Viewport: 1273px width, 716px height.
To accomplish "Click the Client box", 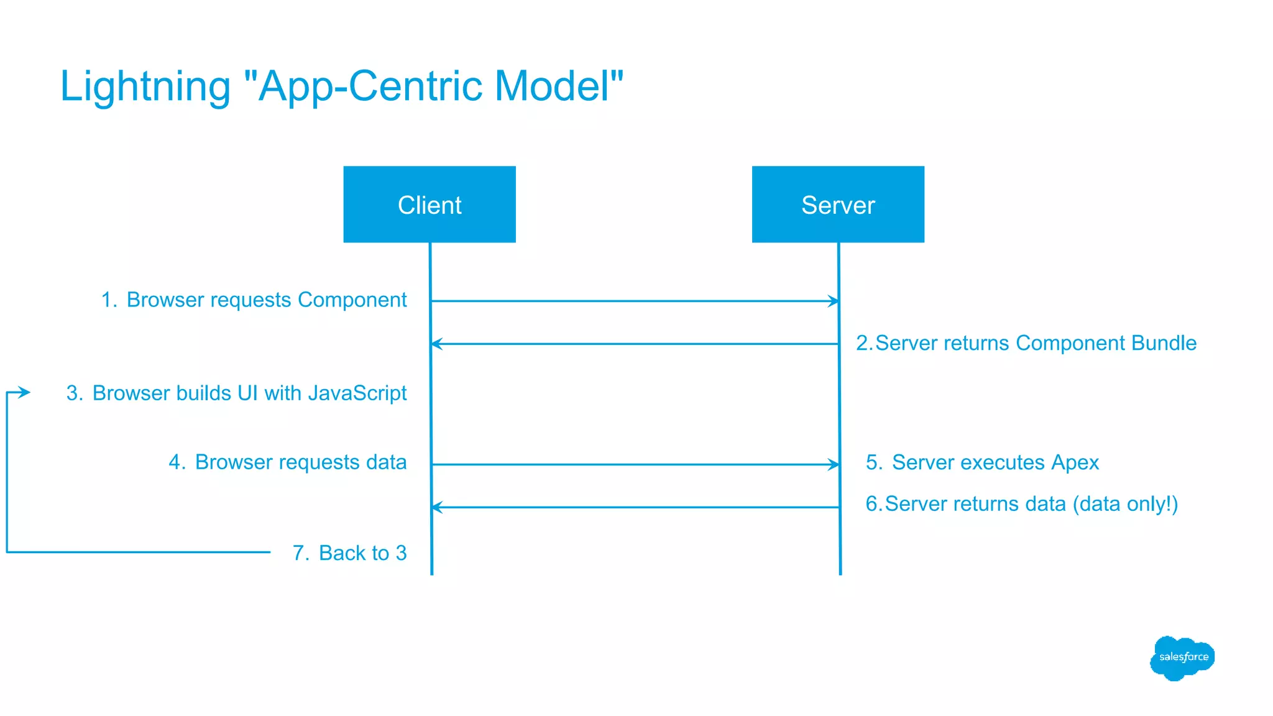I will (430, 204).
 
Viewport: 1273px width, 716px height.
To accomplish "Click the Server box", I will (838, 204).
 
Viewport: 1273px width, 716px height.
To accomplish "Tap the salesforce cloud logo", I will (1182, 658).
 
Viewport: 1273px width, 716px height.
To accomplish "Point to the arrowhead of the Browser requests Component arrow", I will (834, 301).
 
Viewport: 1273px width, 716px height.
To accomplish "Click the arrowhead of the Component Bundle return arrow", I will (437, 344).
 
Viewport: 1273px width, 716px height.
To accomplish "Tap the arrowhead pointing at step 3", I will (24, 392).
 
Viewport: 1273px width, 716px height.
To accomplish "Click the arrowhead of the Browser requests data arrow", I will (834, 464).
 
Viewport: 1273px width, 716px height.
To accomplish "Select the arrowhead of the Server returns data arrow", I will (437, 507).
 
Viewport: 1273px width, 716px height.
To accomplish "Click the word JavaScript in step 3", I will (357, 393).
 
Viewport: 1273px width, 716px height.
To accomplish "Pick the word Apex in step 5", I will (1075, 462).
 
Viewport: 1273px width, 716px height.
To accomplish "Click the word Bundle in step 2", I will (1164, 343).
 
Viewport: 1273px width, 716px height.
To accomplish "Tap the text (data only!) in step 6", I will (1125, 503).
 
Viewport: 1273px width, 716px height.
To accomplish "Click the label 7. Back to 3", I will (350, 553).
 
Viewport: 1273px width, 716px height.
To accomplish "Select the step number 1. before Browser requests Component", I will (109, 300).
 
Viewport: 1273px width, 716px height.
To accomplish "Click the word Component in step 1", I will (352, 300).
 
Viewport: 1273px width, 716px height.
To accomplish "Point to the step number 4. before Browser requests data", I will (177, 462).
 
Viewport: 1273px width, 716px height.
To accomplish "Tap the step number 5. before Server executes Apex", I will (874, 462).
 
